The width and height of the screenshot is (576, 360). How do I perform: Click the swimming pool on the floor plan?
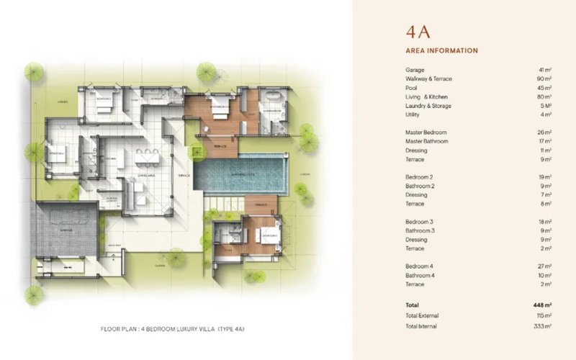coord(241,174)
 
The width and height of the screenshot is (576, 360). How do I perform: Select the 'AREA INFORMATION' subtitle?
coord(442,50)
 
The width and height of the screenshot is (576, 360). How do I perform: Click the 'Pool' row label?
coord(411,88)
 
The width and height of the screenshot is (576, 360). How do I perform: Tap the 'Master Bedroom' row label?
coord(426,132)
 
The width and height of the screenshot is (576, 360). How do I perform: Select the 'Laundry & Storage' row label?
coord(428,106)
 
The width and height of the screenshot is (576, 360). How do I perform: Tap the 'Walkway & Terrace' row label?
coord(428,78)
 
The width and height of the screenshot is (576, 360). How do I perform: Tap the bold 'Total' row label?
coord(412,305)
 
